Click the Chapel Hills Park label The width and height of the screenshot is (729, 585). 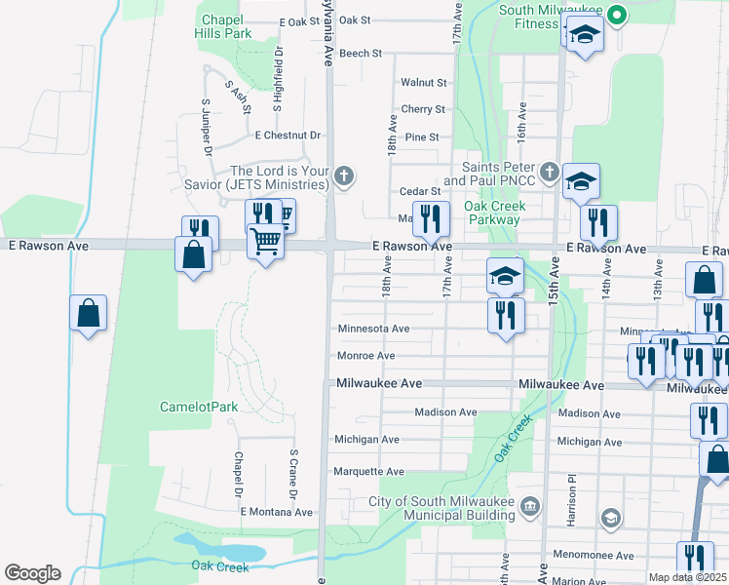point(226,26)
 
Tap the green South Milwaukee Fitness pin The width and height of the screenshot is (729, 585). point(615,15)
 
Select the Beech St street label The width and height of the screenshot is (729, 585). point(361,54)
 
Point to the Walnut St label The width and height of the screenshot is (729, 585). point(424,83)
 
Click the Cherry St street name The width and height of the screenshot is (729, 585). point(423,110)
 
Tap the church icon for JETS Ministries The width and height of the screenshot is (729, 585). point(342,176)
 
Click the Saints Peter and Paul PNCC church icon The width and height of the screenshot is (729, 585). point(549,174)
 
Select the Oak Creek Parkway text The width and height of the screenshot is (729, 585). point(494,213)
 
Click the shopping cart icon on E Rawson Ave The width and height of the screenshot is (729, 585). point(265,240)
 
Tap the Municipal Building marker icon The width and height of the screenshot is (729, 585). point(530,504)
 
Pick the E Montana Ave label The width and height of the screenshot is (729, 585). point(276,512)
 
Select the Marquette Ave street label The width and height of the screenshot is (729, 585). point(368,472)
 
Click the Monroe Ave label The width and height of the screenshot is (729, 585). point(365,356)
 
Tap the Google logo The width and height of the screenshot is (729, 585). point(32,573)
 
